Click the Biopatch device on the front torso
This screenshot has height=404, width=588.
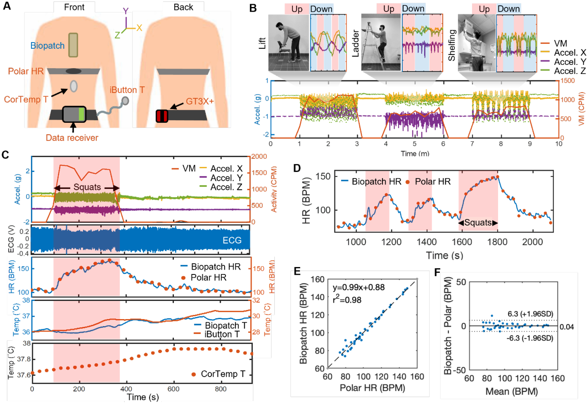[x=73, y=45]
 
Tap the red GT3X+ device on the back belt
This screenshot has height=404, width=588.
[x=162, y=116]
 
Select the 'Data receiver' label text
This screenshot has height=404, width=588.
[x=72, y=138]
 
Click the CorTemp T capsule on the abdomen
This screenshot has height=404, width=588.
[x=74, y=86]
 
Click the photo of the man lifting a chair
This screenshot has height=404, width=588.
[x=288, y=43]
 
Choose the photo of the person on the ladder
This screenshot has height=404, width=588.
[x=381, y=43]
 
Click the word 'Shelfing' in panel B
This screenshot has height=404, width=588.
[x=452, y=45]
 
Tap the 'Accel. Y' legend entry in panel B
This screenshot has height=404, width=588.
[x=570, y=62]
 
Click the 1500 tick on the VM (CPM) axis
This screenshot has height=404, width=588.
[x=567, y=81]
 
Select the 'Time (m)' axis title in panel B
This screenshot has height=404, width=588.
[x=415, y=154]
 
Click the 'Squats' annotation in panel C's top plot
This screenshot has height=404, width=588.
[x=87, y=187]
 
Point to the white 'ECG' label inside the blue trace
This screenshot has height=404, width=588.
[x=232, y=240]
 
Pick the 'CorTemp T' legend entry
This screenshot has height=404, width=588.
[x=223, y=374]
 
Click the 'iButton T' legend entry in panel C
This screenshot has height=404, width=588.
[x=222, y=334]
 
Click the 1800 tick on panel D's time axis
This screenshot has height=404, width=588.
[x=497, y=242]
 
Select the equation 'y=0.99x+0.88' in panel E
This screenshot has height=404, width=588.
[x=358, y=287]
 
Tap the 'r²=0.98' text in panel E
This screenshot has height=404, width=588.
[x=347, y=300]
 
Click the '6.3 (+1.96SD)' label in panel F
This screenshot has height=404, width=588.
[x=530, y=314]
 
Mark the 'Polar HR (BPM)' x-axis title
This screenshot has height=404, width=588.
[x=372, y=388]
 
